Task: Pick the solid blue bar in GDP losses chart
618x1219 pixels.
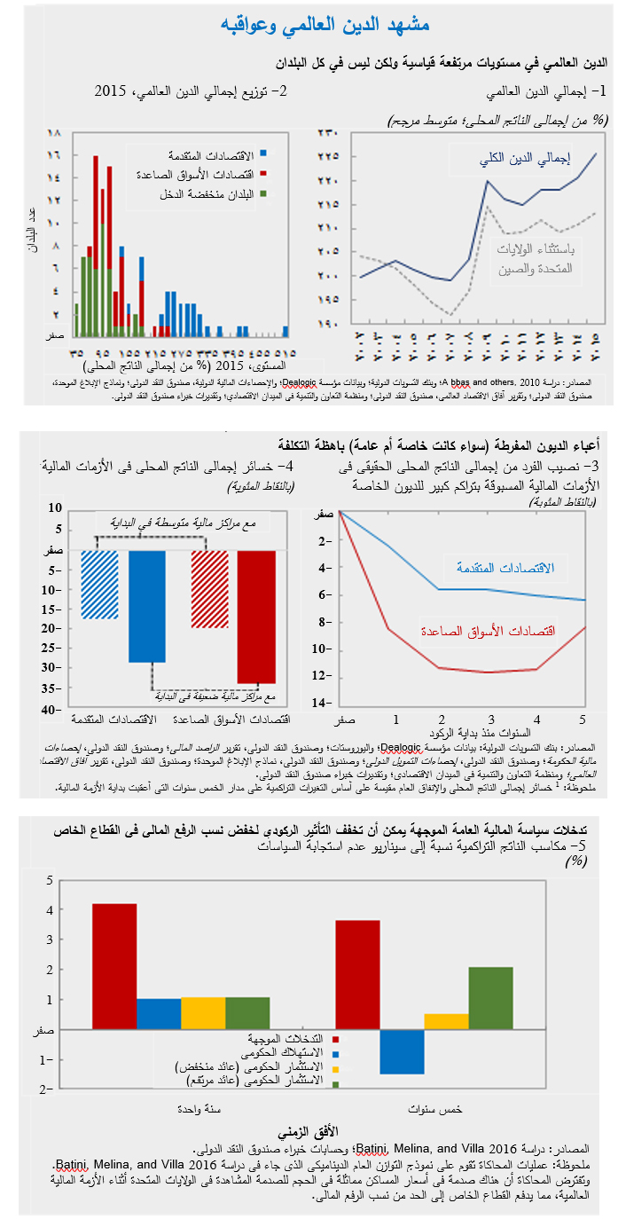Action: (146, 606)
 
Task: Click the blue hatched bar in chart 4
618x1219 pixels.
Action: (99, 584)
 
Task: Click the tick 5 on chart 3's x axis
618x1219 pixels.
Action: (583, 718)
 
